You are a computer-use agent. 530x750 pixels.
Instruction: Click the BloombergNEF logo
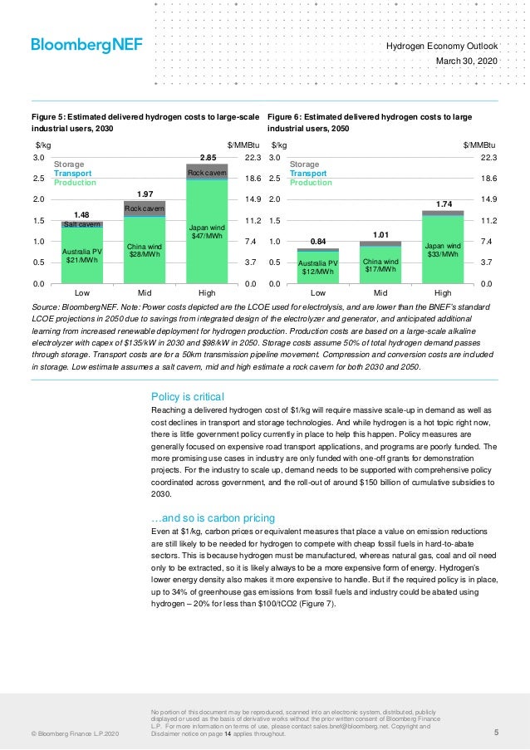point(86,45)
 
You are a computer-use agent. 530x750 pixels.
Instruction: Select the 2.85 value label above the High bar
point(207,157)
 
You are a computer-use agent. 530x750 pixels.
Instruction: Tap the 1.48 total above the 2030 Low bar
point(82,214)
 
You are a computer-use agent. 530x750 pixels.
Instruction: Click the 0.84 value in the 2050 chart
point(317,241)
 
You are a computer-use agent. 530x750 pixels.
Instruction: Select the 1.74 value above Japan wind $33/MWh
point(443,203)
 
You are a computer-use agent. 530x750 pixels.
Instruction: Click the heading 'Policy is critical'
point(187,395)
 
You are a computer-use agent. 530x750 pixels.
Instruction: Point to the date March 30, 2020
point(467,62)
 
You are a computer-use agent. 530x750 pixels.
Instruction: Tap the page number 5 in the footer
point(495,733)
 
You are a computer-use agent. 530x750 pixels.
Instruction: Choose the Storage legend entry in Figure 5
point(68,164)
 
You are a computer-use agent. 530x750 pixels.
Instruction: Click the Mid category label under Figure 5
point(145,293)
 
